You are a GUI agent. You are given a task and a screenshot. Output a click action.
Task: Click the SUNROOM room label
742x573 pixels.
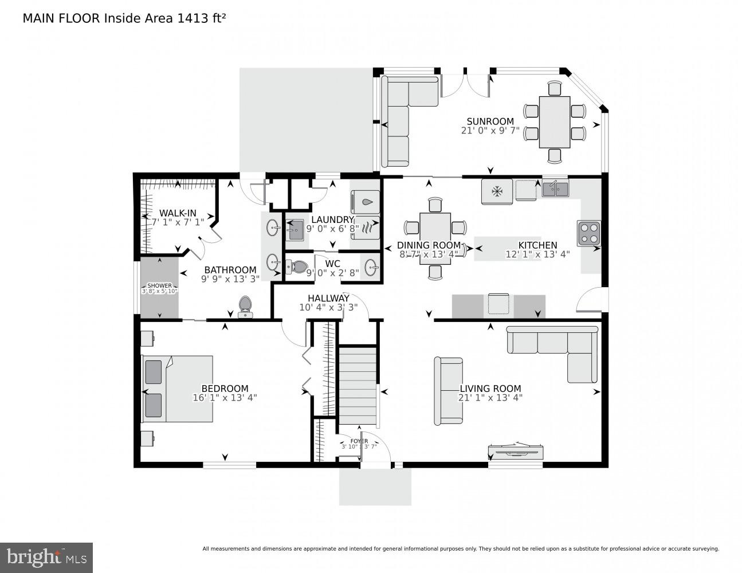pyautogui.click(x=490, y=121)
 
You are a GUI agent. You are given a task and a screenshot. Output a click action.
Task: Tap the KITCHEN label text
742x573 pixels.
pyautogui.click(x=537, y=245)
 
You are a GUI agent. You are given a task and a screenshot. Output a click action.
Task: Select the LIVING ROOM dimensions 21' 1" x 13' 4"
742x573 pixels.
pyautogui.click(x=490, y=397)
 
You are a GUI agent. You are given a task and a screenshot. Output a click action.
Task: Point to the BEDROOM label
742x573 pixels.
pyautogui.click(x=225, y=388)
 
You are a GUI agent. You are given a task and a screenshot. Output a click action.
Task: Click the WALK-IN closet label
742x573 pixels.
pyautogui.click(x=178, y=213)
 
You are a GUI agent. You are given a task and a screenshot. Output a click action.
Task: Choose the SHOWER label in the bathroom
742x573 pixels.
pyautogui.click(x=159, y=285)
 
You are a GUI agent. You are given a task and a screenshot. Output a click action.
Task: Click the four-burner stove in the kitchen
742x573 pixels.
pyautogui.click(x=589, y=233)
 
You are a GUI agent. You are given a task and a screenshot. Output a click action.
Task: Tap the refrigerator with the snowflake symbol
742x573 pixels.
pyautogui.click(x=496, y=191)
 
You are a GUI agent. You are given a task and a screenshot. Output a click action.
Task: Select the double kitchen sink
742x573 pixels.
pyautogui.click(x=555, y=188)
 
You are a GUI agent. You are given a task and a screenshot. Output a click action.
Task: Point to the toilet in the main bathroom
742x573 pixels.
pyautogui.click(x=245, y=306)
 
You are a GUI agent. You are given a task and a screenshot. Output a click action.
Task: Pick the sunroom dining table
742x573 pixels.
pyautogui.click(x=555, y=121)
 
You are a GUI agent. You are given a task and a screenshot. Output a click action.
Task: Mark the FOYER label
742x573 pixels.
pyautogui.click(x=359, y=441)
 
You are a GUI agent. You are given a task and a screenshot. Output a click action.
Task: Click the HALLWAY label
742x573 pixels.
pyautogui.click(x=328, y=299)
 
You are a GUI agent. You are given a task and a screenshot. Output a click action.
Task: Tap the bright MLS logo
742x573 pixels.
pyautogui.click(x=46, y=557)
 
